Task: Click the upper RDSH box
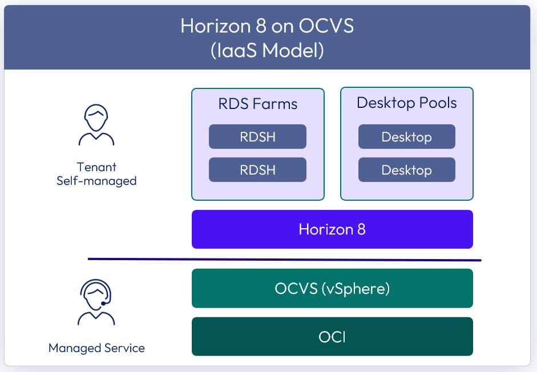click(x=257, y=137)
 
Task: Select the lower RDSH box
click(x=257, y=170)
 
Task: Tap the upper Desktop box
click(x=406, y=137)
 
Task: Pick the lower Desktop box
click(x=406, y=170)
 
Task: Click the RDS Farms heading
click(x=257, y=104)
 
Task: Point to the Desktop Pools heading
click(x=406, y=103)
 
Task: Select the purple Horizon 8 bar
click(x=332, y=229)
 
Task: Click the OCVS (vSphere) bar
click(x=332, y=288)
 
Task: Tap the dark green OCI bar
click(x=332, y=337)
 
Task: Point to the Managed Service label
click(x=96, y=348)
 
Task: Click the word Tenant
click(x=96, y=167)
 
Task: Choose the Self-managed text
click(x=96, y=181)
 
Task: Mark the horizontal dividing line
click(x=284, y=260)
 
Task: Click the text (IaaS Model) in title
click(x=267, y=51)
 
